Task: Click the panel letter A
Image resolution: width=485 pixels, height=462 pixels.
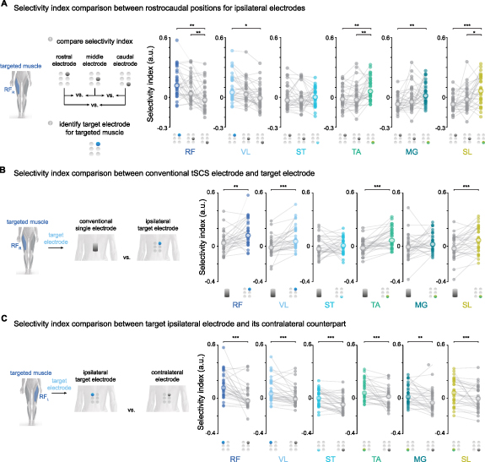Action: (x=5, y=7)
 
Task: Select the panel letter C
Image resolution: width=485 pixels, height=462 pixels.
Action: (x=5, y=315)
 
